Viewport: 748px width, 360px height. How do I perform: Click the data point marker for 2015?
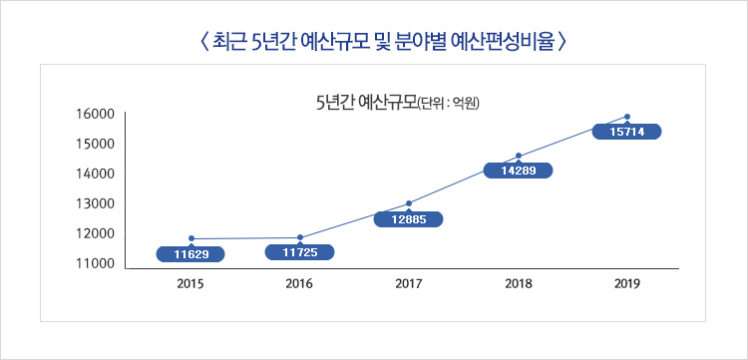click(190, 239)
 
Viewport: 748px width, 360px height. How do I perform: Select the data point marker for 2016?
click(300, 237)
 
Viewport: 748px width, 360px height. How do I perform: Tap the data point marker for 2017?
click(409, 203)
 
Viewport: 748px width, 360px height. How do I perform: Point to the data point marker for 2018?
click(519, 156)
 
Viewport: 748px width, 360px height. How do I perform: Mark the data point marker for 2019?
click(627, 117)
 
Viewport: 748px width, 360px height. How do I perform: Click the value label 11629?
click(190, 255)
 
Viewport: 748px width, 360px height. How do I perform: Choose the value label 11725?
click(300, 252)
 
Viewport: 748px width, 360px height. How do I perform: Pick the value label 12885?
click(408, 219)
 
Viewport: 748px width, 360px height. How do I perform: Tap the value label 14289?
click(518, 171)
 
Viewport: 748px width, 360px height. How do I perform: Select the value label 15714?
click(627, 132)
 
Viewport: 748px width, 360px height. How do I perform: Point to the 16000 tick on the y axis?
click(95, 114)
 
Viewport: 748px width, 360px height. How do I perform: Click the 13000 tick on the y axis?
click(95, 204)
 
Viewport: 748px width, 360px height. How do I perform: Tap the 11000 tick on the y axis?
click(95, 265)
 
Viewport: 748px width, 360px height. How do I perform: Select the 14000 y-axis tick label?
click(95, 175)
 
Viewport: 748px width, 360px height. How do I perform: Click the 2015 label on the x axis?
click(190, 285)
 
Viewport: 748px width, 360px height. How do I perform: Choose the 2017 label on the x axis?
click(409, 285)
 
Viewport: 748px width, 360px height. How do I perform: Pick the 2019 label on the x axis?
click(627, 285)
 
